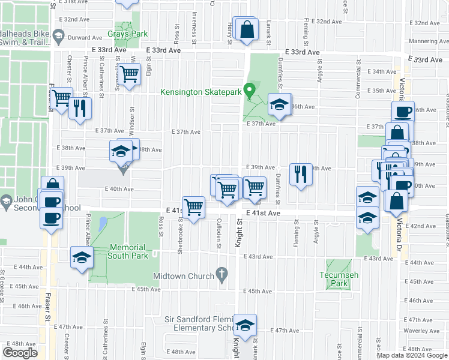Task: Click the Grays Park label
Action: [127, 34]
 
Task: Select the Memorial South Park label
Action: [127, 251]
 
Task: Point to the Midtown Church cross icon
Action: [221, 276]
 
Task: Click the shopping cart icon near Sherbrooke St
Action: [193, 208]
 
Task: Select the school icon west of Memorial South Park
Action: [82, 257]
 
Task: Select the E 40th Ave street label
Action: [118, 188]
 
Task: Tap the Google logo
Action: [20, 353]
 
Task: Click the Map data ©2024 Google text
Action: [412, 355]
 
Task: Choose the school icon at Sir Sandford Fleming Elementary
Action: [245, 325]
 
